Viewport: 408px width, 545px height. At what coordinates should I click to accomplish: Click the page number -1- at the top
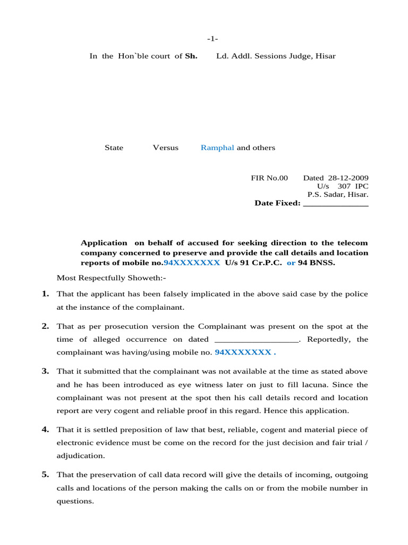(212, 39)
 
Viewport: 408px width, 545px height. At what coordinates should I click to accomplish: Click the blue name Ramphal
(217, 148)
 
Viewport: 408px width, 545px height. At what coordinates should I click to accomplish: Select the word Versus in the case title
(166, 148)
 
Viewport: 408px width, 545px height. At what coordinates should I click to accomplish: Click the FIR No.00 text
(269, 178)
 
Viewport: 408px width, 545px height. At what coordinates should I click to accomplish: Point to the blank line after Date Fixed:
(335, 203)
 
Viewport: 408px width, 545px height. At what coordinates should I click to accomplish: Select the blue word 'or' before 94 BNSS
(291, 263)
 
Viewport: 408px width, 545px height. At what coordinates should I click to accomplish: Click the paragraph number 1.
(45, 294)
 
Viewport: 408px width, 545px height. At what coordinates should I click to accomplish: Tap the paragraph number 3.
(45, 371)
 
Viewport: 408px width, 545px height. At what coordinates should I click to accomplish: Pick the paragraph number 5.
(45, 475)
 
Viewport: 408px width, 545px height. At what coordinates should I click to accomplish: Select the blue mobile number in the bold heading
(191, 263)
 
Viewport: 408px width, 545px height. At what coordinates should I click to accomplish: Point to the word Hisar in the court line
(326, 56)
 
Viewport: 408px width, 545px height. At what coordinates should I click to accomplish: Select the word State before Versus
(114, 148)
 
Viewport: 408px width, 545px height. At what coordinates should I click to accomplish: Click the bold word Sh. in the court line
(191, 56)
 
